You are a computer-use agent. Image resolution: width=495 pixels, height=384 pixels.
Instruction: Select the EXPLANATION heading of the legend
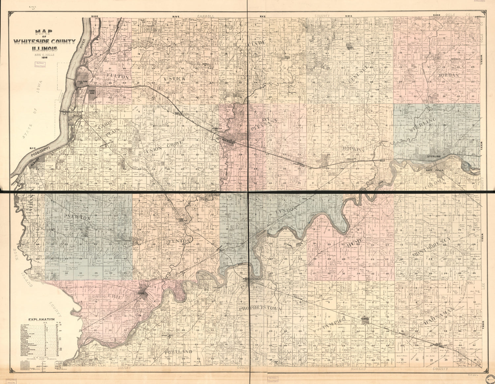click(x=41, y=320)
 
